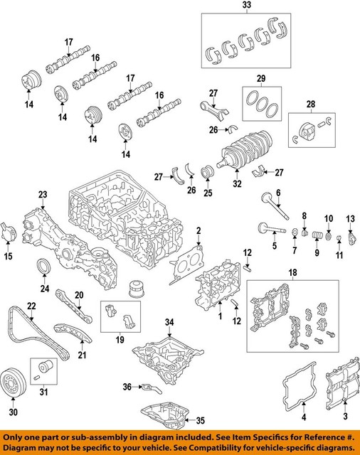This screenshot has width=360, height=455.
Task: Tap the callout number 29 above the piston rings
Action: click(260, 78)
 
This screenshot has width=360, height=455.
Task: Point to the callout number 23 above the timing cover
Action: click(43, 195)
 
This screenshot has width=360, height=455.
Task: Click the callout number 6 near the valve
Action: click(279, 193)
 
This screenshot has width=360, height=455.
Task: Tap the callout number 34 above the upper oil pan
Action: click(169, 323)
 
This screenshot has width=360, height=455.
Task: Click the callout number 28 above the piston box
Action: click(310, 105)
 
